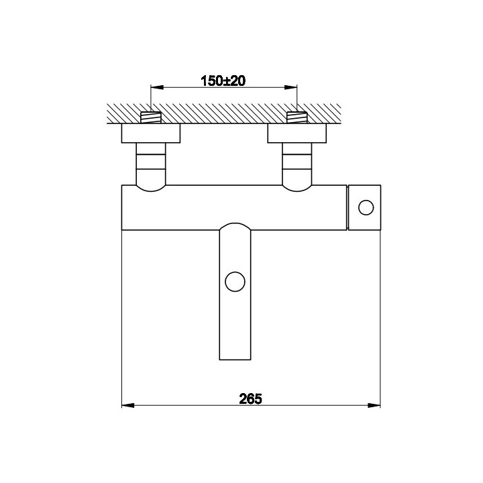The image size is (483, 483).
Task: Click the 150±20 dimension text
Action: point(224,80)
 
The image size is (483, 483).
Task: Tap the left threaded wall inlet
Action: point(151,117)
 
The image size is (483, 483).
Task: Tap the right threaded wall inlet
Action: point(297,117)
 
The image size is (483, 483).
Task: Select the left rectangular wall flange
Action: point(151,133)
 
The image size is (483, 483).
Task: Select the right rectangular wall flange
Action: point(297,133)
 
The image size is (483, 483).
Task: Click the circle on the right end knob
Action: point(366,207)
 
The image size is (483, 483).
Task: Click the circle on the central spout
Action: point(235,281)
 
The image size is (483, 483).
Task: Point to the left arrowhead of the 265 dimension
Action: point(127,406)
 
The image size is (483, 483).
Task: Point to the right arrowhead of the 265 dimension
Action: point(376,406)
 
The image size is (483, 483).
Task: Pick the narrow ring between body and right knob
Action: point(349,207)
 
